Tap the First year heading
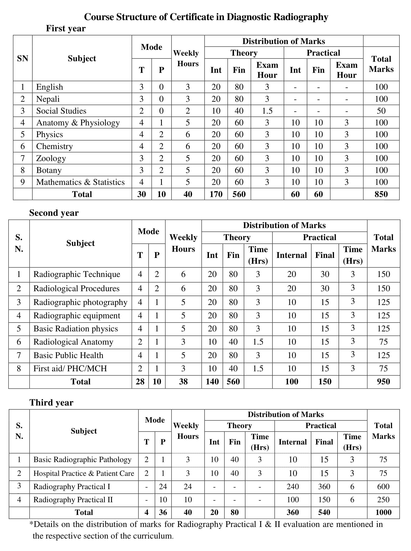[x=66, y=28]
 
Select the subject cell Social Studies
[x=61, y=111]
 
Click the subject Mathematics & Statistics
[x=80, y=182]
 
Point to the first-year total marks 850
[x=381, y=194]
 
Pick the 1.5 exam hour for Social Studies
[x=267, y=111]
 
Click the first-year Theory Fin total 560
[x=239, y=194]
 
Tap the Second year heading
[x=54, y=213]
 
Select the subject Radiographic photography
[x=80, y=302]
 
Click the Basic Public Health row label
[x=68, y=355]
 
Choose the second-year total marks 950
[x=383, y=382]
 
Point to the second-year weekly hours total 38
[x=183, y=382]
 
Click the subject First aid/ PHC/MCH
[x=70, y=368]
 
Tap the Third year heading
[x=51, y=402]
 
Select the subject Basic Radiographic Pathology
[x=82, y=460]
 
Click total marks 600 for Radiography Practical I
[x=383, y=487]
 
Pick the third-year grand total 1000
[x=383, y=512]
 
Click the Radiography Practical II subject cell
[x=73, y=500]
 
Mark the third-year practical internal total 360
[x=293, y=512]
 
